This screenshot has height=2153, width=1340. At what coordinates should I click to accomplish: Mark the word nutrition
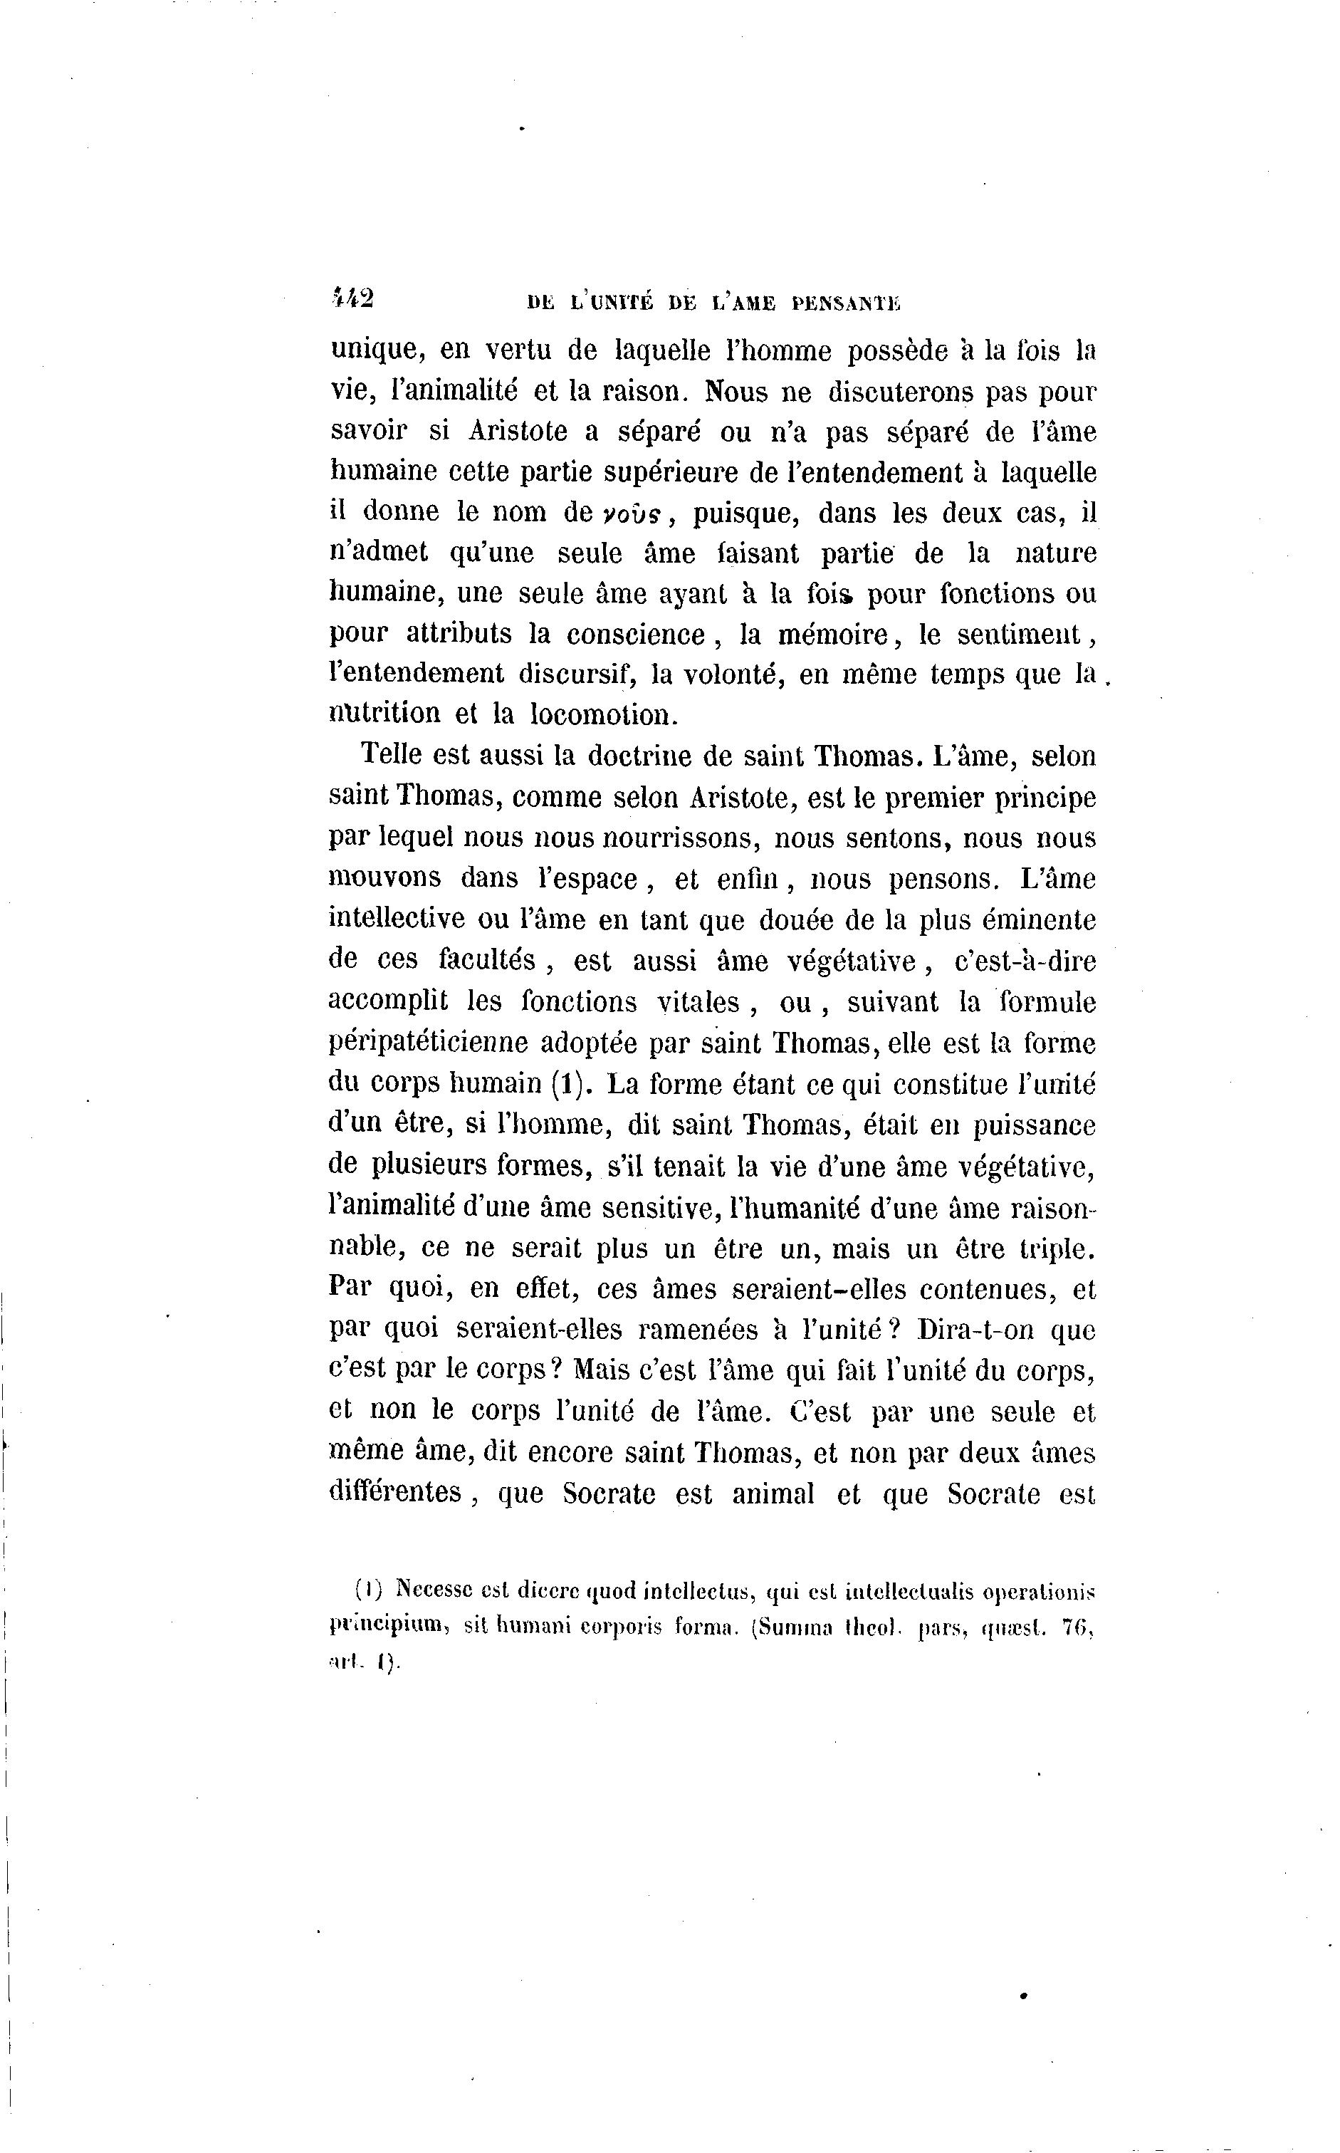(x=384, y=714)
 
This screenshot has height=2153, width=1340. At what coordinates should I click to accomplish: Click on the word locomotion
(x=604, y=714)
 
